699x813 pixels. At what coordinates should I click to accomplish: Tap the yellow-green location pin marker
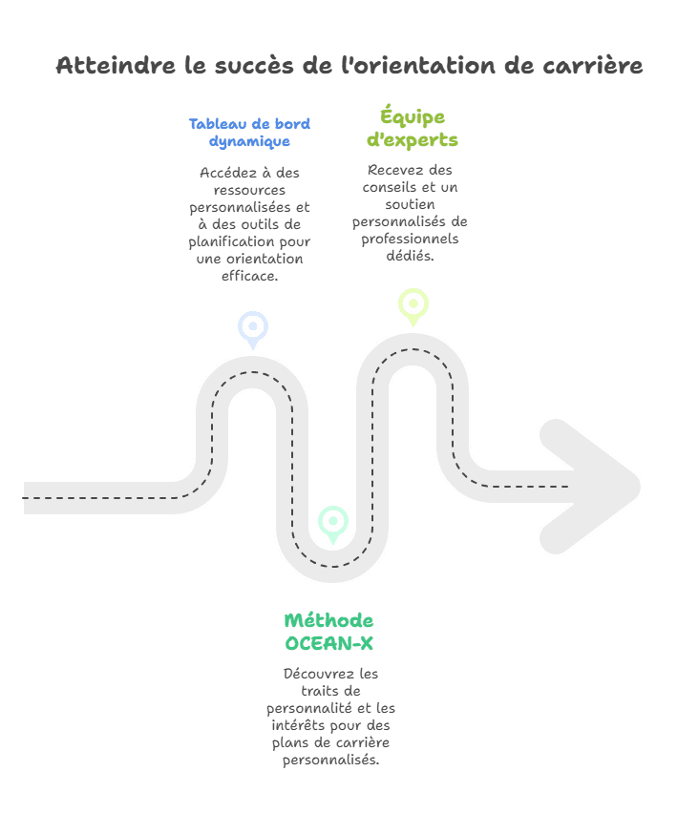413,305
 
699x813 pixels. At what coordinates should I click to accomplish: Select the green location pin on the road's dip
332,522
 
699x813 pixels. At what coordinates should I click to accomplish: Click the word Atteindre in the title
104,66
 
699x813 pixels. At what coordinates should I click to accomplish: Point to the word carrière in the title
593,66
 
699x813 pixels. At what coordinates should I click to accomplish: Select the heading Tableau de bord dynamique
249,132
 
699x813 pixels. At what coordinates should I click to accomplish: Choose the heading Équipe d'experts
413,128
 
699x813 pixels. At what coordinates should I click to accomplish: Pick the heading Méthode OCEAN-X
328,632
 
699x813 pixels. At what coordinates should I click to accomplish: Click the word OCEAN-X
328,643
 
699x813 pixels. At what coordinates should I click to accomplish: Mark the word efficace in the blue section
249,276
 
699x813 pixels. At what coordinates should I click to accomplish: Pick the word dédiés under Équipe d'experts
411,256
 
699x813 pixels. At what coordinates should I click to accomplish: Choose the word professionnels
410,239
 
